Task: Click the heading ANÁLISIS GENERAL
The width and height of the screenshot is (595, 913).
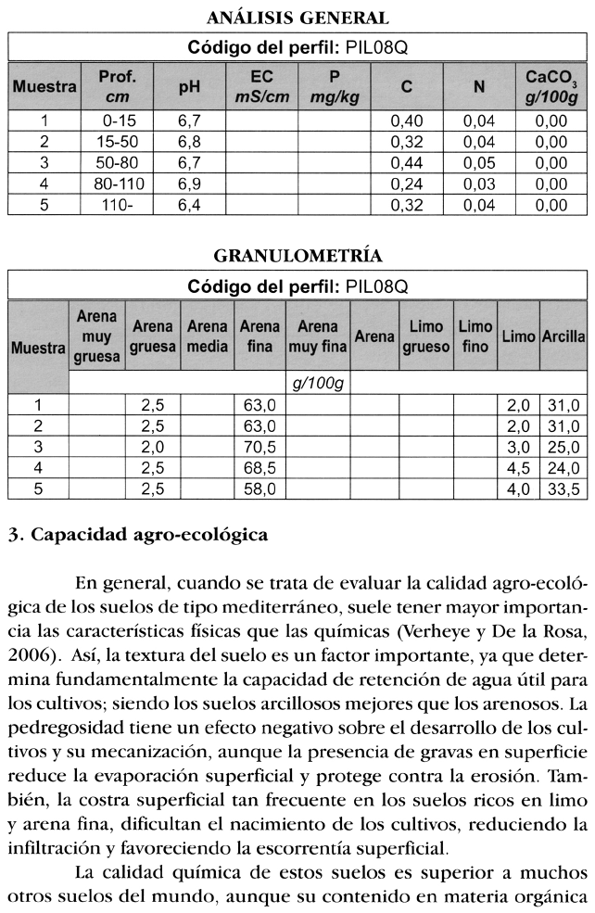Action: (x=297, y=18)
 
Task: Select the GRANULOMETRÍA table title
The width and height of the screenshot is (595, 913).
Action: (x=297, y=255)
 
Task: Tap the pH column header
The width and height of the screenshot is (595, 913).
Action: (x=189, y=87)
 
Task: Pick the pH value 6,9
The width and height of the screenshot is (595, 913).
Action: (x=189, y=184)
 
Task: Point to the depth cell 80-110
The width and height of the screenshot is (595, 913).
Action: (x=119, y=184)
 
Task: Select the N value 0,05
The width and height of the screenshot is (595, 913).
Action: (x=479, y=163)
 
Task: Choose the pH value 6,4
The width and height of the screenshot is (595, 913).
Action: (x=189, y=206)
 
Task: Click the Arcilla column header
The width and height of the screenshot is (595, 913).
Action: (x=562, y=336)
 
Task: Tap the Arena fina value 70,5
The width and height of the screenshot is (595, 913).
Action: (x=260, y=448)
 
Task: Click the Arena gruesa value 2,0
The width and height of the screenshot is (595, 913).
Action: (x=153, y=448)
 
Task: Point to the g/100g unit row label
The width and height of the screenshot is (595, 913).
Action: (x=316, y=383)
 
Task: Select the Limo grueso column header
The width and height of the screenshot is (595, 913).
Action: (x=425, y=336)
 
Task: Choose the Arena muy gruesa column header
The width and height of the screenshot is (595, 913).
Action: (x=96, y=336)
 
